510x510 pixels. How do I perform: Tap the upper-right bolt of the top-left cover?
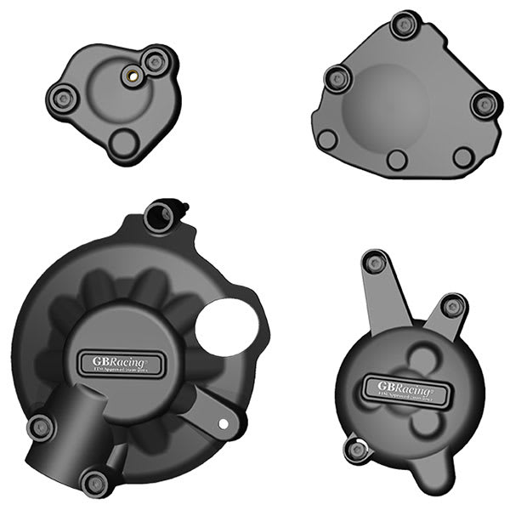click(154, 61)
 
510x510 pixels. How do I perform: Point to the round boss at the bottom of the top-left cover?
click(125, 141)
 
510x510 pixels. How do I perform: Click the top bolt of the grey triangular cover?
click(402, 25)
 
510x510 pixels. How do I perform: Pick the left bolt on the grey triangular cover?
click(337, 79)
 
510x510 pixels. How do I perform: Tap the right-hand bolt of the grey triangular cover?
click(484, 104)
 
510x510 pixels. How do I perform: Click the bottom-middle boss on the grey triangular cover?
click(396, 159)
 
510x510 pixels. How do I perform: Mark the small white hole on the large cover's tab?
click(223, 422)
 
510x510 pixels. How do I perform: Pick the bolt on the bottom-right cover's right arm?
click(453, 306)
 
